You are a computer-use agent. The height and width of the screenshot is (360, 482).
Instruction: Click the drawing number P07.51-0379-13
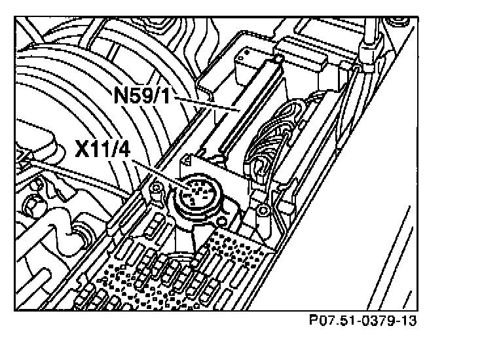[363, 321]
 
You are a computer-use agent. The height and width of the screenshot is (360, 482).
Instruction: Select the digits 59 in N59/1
[145, 96]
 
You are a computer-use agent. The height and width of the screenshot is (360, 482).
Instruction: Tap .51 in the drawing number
[344, 321]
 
